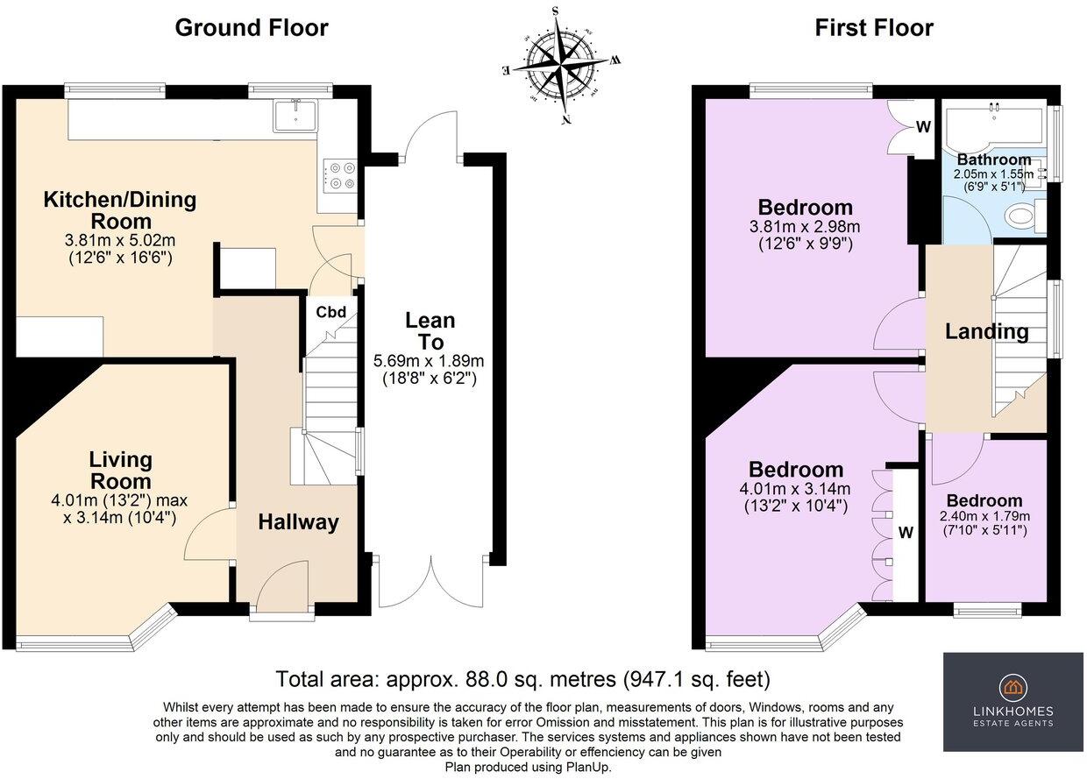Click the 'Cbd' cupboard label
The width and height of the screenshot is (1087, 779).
330,312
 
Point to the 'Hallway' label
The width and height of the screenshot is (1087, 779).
298,522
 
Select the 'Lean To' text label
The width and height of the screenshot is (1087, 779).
430,331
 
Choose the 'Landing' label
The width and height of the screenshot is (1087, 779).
986,332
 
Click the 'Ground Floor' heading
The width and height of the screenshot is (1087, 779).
252,28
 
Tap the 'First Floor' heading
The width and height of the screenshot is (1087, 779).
874,28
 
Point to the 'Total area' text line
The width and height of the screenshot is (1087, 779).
522,679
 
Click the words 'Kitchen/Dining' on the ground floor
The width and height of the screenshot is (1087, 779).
120,200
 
